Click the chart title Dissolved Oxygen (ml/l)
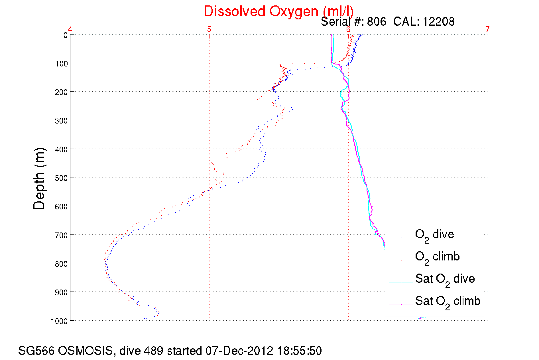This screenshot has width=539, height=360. [x=278, y=11]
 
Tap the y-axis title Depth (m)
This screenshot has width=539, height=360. [x=39, y=179]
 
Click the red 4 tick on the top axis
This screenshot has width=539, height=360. [x=70, y=29]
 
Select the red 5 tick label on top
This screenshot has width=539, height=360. [x=209, y=29]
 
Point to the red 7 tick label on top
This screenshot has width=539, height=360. [x=488, y=29]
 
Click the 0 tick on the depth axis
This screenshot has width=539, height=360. [x=66, y=35]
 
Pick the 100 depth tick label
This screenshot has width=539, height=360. [x=62, y=64]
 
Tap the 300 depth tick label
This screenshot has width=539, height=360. [x=62, y=121]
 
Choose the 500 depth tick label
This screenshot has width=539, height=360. [x=62, y=178]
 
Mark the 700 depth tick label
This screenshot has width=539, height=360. [x=62, y=235]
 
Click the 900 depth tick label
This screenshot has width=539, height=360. [x=62, y=292]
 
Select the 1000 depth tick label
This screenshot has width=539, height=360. [x=59, y=321]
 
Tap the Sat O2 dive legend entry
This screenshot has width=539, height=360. [x=445, y=279]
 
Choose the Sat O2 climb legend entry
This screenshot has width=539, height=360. [x=448, y=302]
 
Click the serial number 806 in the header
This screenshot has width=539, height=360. [x=377, y=22]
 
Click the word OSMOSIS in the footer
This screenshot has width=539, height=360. [x=86, y=351]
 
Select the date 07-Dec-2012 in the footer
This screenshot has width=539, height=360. [x=239, y=351]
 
